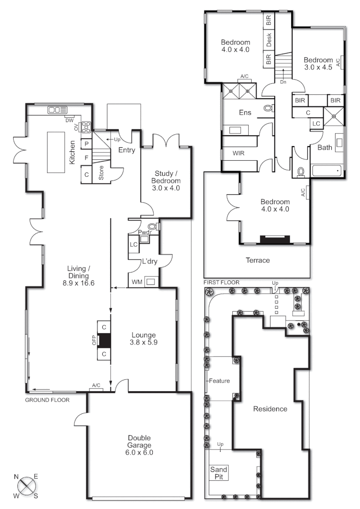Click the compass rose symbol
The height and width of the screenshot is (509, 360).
pyautogui.click(x=27, y=485)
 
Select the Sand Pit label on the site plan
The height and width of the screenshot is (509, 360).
pyautogui.click(x=219, y=473)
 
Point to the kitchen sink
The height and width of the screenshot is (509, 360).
pyautogui.click(x=57, y=110)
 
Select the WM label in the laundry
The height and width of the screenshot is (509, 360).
pyautogui.click(x=137, y=282)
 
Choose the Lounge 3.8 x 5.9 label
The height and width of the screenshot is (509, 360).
pyautogui.click(x=144, y=339)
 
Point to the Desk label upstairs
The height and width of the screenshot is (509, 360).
pyautogui.click(x=269, y=40)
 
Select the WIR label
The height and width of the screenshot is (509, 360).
pyautogui.click(x=238, y=154)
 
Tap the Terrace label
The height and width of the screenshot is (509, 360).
pyautogui.click(x=258, y=260)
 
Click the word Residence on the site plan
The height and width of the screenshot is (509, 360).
pyautogui.click(x=270, y=409)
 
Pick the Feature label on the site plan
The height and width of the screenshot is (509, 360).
pyautogui.click(x=219, y=381)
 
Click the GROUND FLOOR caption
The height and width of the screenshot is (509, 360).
pyautogui.click(x=47, y=400)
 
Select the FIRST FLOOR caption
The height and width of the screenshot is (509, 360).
pyautogui.click(x=221, y=282)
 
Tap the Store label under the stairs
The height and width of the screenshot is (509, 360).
pyautogui.click(x=101, y=173)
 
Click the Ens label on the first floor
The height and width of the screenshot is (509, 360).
pyautogui.click(x=245, y=113)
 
